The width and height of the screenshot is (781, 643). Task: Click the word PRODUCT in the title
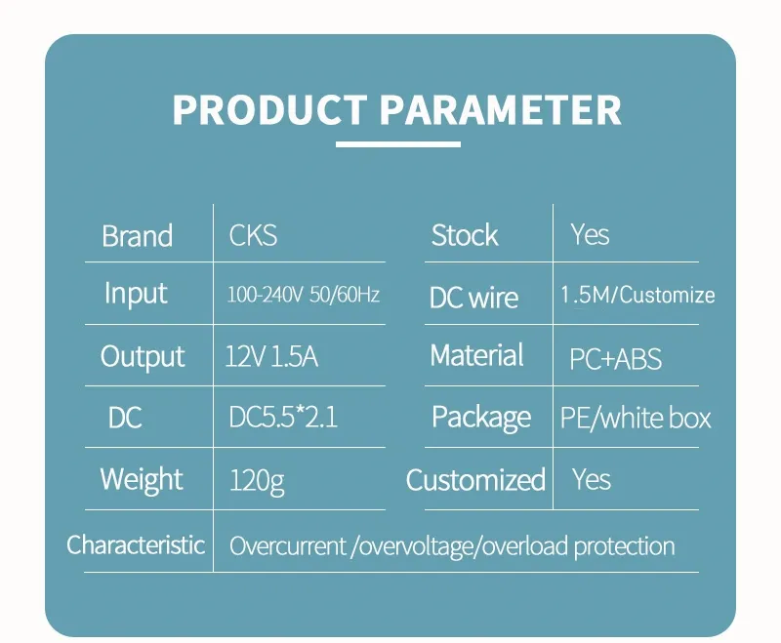pyautogui.click(x=268, y=109)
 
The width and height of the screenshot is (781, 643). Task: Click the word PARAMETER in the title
pyautogui.click(x=500, y=109)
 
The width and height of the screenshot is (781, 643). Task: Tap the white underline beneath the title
pyautogui.click(x=397, y=144)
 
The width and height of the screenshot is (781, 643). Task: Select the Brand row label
pyautogui.click(x=137, y=236)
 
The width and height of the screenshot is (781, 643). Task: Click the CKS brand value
pyautogui.click(x=253, y=235)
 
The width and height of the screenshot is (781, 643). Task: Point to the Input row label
pyautogui.click(x=136, y=294)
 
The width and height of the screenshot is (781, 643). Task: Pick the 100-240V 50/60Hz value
pyautogui.click(x=303, y=294)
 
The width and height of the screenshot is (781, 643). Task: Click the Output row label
pyautogui.click(x=143, y=357)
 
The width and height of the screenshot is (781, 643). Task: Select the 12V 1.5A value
pyautogui.click(x=271, y=357)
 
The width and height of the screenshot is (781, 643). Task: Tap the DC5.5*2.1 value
pyautogui.click(x=283, y=418)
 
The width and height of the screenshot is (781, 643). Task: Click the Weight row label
pyautogui.click(x=142, y=479)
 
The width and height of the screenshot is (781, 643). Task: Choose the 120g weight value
pyautogui.click(x=257, y=480)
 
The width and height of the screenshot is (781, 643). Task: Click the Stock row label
pyautogui.click(x=465, y=235)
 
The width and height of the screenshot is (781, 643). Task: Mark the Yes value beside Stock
pyautogui.click(x=590, y=235)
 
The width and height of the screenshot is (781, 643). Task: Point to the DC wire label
pyautogui.click(x=473, y=298)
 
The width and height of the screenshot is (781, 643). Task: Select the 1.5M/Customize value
pyautogui.click(x=637, y=296)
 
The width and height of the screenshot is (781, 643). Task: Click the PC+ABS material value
pyautogui.click(x=615, y=359)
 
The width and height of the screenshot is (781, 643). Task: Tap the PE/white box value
pyautogui.click(x=636, y=419)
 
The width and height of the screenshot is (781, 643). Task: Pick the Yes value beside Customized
pyautogui.click(x=592, y=479)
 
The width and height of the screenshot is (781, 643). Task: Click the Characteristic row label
pyautogui.click(x=136, y=544)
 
